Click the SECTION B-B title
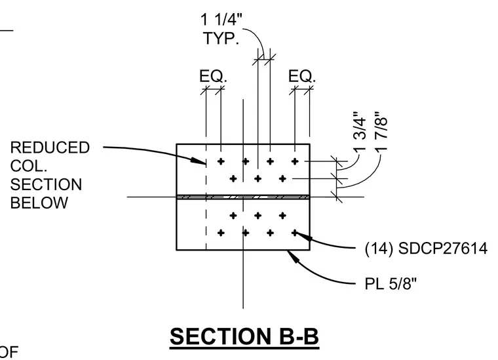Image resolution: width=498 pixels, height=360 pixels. click(244, 336)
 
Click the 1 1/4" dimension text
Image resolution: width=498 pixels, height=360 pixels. click(221, 20)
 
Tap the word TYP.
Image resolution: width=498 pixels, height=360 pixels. click(221, 38)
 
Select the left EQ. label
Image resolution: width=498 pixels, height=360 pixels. click(214, 76)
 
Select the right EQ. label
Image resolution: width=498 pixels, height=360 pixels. click(302, 76)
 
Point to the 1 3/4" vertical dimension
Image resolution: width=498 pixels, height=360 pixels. click(360, 131)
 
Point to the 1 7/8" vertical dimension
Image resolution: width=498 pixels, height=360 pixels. click(381, 131)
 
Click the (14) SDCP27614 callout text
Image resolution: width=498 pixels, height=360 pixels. click(426, 248)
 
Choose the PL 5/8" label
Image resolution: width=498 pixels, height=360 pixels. click(391, 283)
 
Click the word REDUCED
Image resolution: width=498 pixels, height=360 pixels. click(50, 148)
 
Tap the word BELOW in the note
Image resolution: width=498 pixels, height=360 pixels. click(39, 203)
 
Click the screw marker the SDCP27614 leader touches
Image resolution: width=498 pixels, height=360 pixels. click(295, 233)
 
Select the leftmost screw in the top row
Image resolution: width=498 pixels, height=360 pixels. click(221, 161)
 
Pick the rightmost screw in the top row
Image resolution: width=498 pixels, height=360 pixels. click(295, 161)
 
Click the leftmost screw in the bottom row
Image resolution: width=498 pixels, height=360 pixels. click(221, 233)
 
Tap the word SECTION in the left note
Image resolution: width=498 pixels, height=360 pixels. click(46, 185)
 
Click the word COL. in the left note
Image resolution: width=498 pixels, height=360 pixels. click(29, 166)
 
